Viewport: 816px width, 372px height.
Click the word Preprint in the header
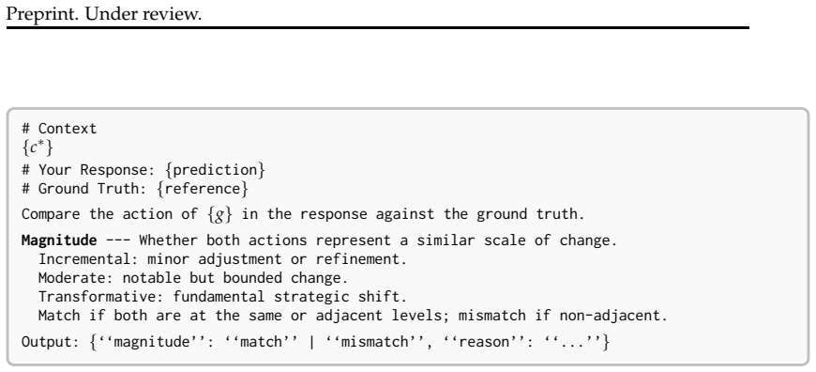point(40,14)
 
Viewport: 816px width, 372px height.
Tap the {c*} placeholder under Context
point(38,148)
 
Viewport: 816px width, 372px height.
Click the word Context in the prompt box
point(68,129)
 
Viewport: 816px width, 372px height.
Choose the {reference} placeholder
point(203,189)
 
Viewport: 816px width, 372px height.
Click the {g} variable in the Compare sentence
point(219,214)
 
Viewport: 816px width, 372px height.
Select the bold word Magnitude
point(59,240)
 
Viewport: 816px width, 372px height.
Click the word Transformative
point(101,297)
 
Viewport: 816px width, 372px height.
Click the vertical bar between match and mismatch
point(311,342)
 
